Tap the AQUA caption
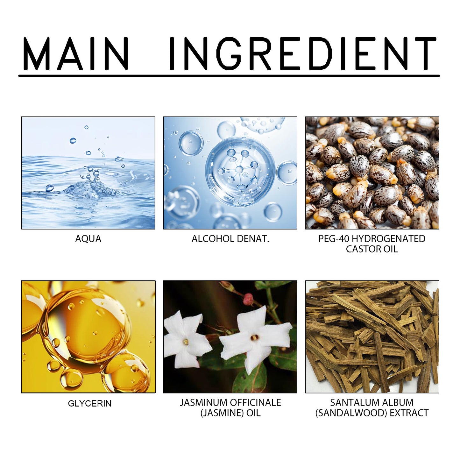pyautogui.click(x=88, y=239)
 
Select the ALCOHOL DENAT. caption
pyautogui.click(x=230, y=239)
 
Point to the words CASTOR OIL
pyautogui.click(x=372, y=249)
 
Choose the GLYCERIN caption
pyautogui.click(x=89, y=403)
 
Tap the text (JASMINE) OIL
pyautogui.click(x=230, y=413)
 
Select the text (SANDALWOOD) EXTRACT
pyautogui.click(x=372, y=413)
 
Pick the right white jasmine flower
pyautogui.click(x=255, y=337)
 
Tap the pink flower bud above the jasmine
pyautogui.click(x=248, y=299)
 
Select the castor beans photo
pyautogui.click(x=372, y=173)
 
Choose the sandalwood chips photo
pyautogui.click(x=372, y=336)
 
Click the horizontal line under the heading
pyautogui.click(x=229, y=76)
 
